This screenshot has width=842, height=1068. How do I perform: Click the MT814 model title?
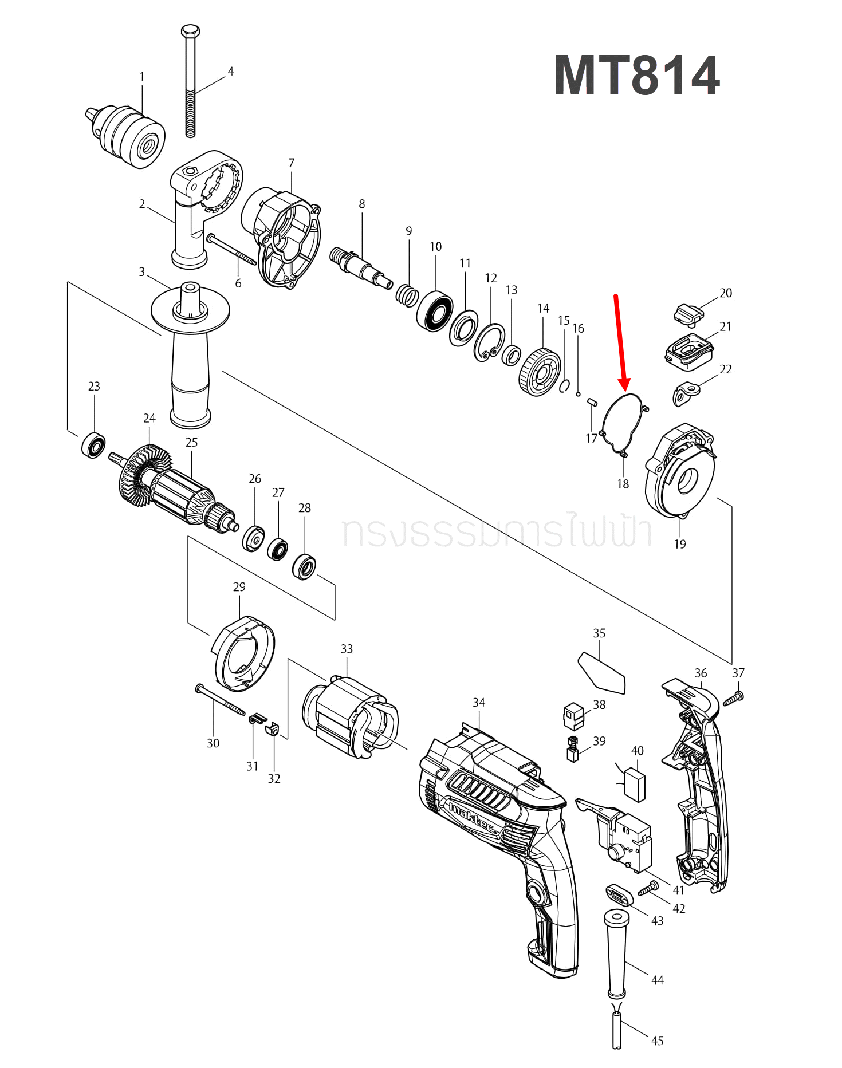click(636, 76)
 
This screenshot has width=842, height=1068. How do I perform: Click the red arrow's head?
click(624, 384)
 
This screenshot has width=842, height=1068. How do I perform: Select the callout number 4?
click(231, 72)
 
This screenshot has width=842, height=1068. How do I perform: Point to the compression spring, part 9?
click(407, 295)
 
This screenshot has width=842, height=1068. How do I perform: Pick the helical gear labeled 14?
click(540, 373)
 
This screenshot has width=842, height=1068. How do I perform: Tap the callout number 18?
click(623, 484)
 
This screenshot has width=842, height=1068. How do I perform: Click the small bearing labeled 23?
click(93, 446)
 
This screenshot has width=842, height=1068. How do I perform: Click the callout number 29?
click(239, 587)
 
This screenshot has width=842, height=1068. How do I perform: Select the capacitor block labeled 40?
click(634, 785)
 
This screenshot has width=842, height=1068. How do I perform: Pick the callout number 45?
click(658, 1041)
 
